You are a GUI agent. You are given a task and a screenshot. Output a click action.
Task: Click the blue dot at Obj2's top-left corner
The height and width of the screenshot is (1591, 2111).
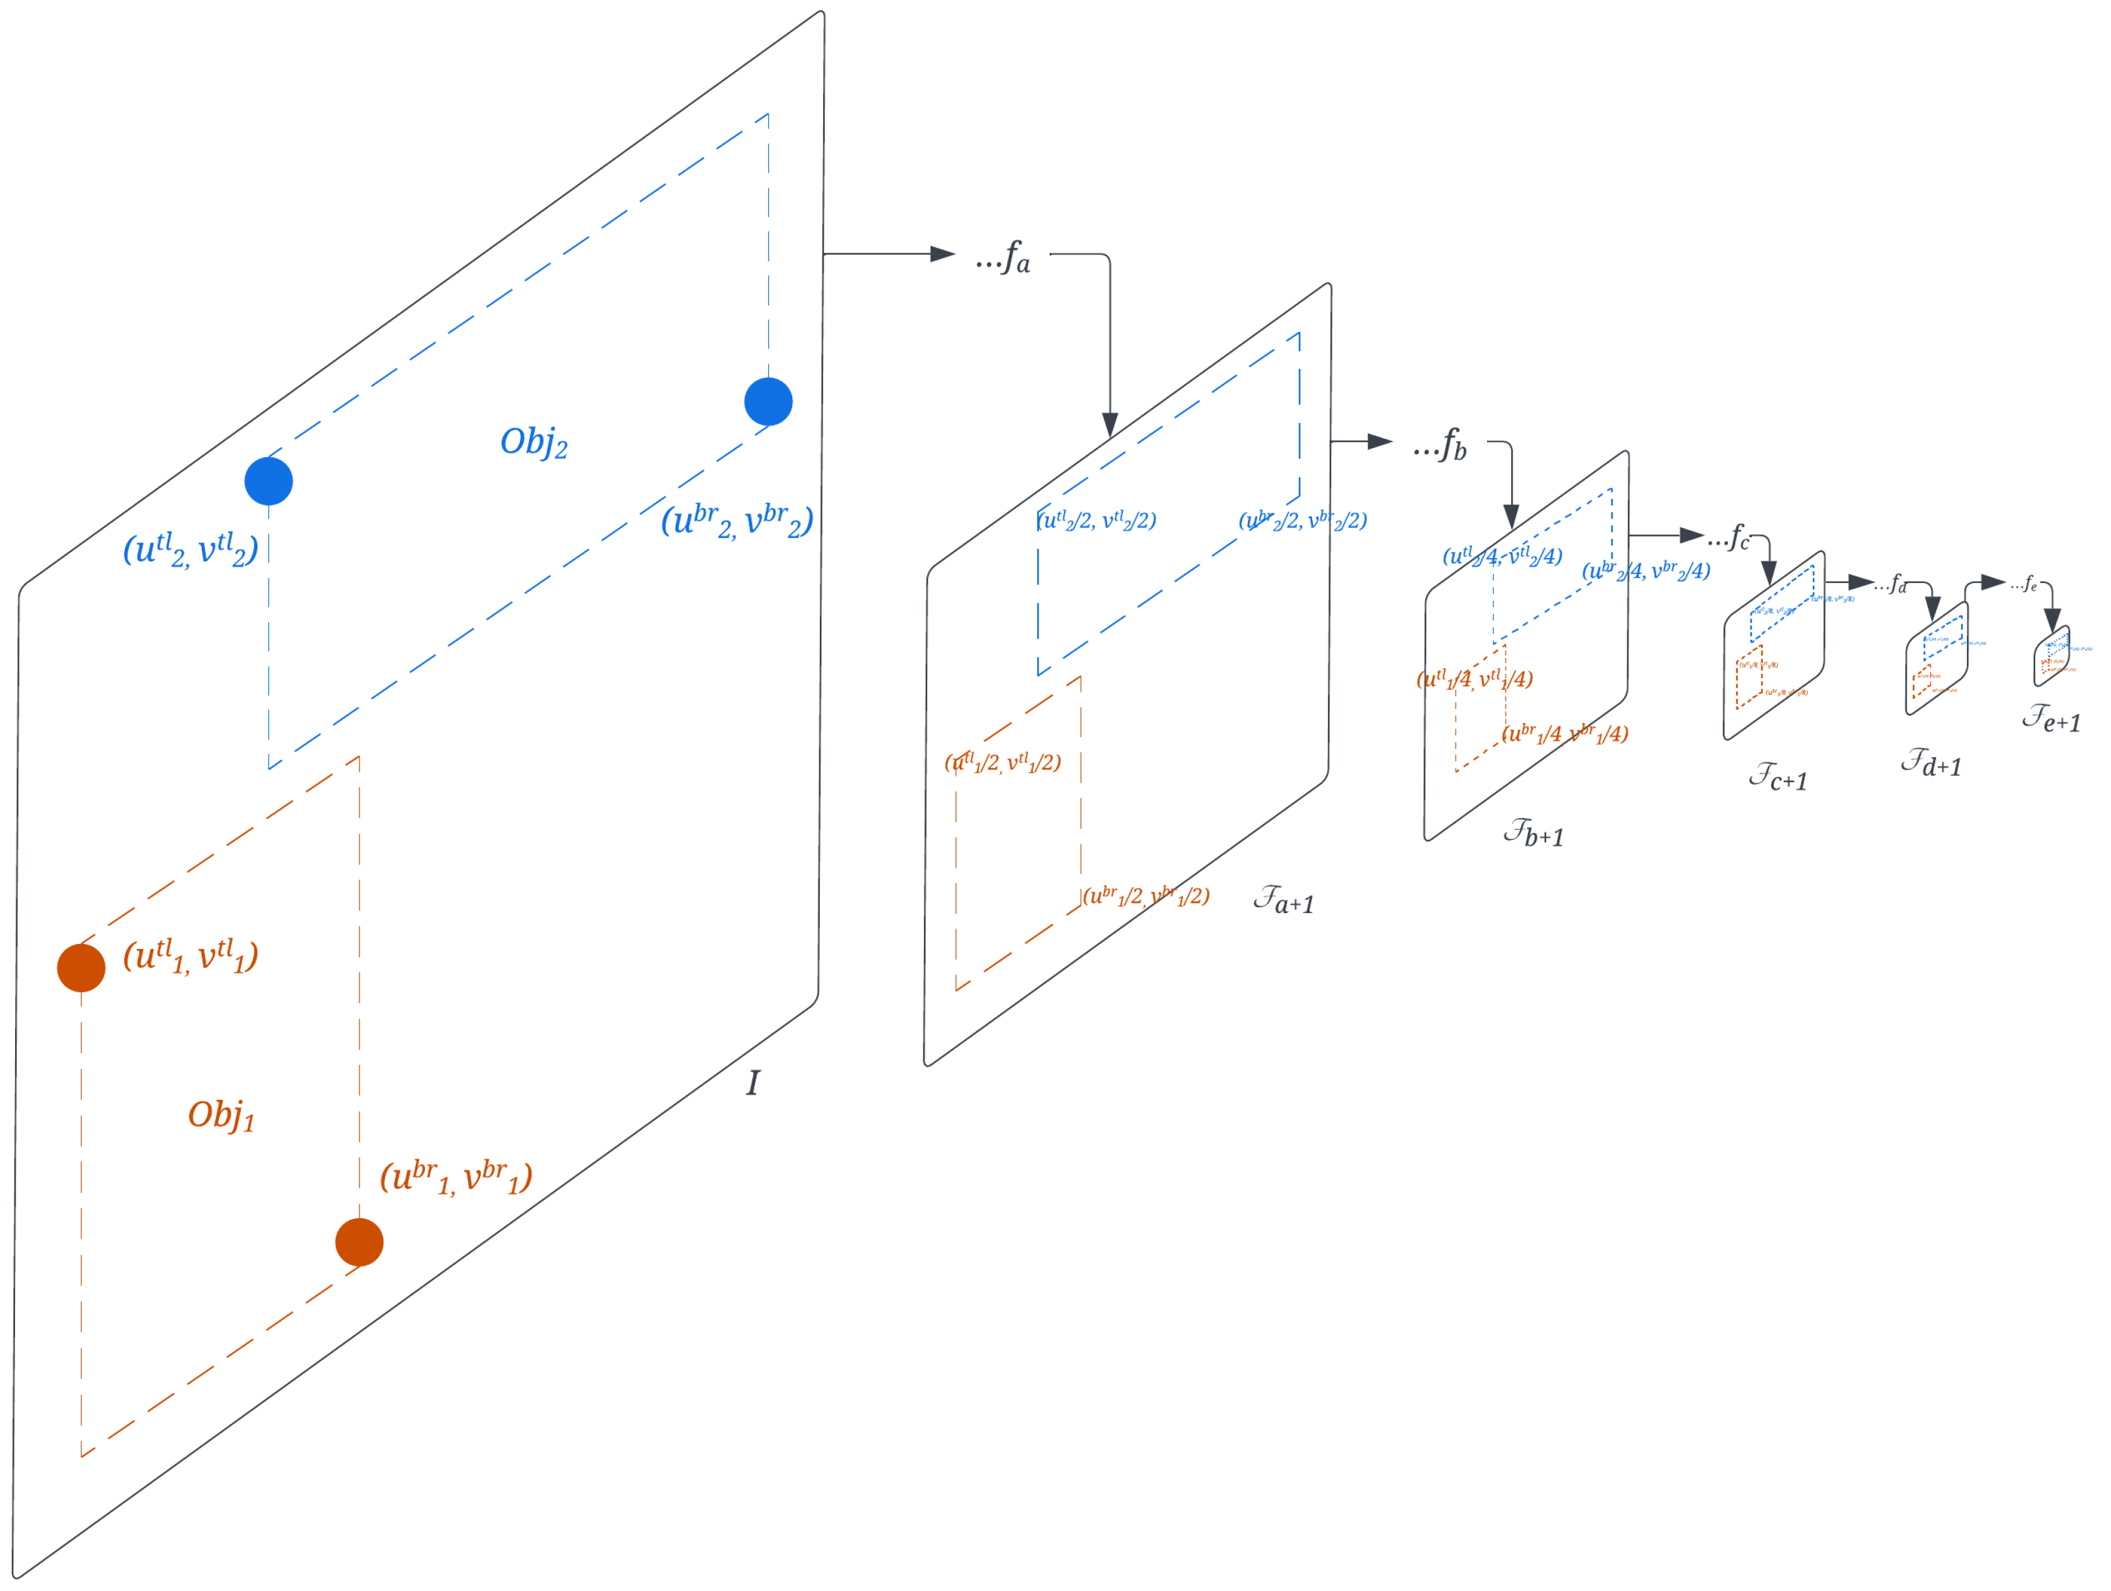tap(268, 481)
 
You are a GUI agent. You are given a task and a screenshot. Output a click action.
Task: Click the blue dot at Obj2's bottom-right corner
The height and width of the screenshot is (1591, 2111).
tap(768, 402)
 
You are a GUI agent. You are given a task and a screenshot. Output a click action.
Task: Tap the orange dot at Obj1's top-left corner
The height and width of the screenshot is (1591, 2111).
tap(81, 968)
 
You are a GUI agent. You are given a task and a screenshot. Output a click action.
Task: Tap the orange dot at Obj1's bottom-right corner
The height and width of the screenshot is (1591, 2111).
tap(359, 1242)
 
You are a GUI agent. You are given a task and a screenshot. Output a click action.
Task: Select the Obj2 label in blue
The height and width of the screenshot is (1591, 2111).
tap(534, 442)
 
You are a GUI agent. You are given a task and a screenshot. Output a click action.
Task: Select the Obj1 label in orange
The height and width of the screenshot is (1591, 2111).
tap(221, 1115)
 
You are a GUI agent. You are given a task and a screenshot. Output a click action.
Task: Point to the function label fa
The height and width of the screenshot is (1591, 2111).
tap(1004, 257)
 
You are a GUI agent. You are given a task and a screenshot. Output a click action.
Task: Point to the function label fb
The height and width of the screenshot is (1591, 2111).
tap(1441, 445)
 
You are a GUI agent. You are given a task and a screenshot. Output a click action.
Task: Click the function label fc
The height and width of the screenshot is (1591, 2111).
tap(1730, 538)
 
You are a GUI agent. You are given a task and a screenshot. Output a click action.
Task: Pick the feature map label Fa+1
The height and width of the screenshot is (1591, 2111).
tap(1283, 899)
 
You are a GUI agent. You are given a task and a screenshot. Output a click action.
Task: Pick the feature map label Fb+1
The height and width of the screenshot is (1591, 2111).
tap(1533, 833)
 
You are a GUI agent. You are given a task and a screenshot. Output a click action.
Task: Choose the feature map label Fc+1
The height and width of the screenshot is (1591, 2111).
tap(1778, 777)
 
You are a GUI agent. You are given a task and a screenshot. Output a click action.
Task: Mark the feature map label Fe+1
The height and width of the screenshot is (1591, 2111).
tap(2051, 718)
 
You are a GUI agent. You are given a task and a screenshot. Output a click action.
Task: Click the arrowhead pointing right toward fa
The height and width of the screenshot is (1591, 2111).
tap(942, 254)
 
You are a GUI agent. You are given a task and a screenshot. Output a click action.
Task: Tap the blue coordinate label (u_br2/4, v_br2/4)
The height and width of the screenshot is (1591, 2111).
tap(1646, 571)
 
